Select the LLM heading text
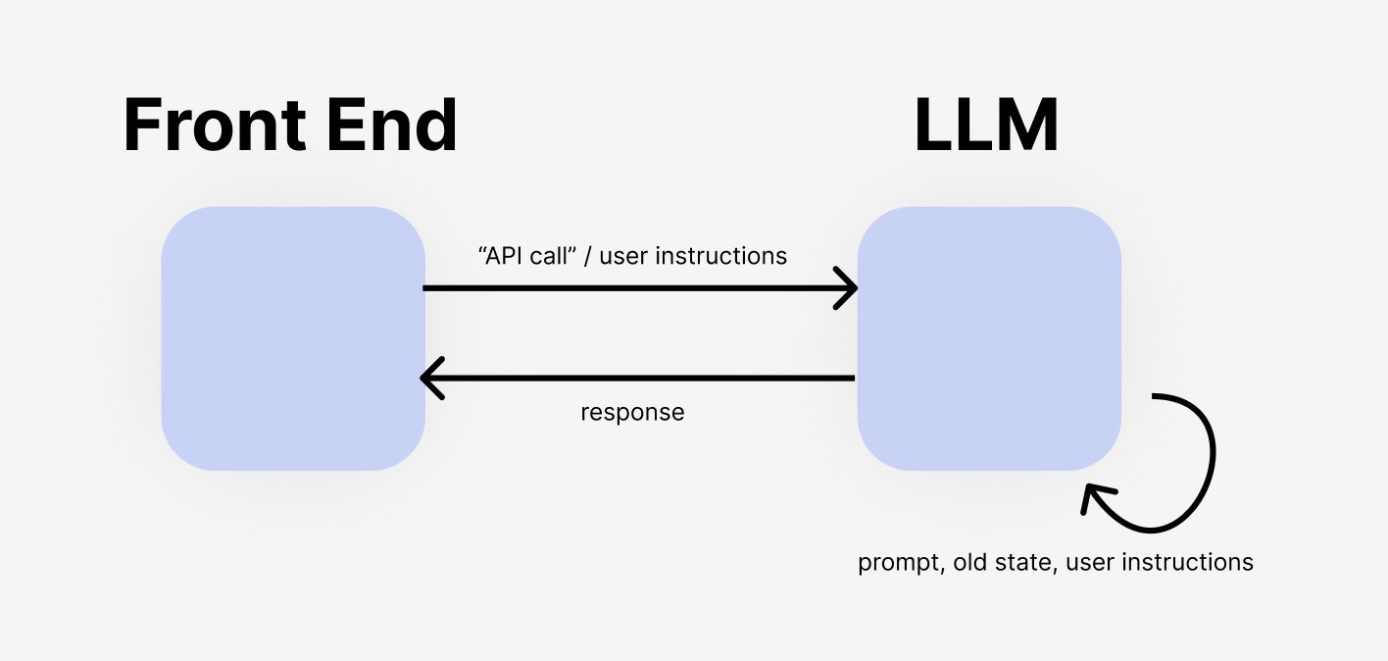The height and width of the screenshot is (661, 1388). [x=986, y=127]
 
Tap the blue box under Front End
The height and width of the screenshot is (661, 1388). [x=293, y=338]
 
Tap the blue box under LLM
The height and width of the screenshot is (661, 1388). [x=989, y=338]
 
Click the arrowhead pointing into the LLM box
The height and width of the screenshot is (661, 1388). [x=848, y=288]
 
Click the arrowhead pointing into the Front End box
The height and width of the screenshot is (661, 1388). [x=430, y=378]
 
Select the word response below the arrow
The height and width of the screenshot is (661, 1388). [x=632, y=413]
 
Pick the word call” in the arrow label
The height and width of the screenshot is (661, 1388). [x=560, y=256]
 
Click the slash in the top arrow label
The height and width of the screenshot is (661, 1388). [x=589, y=256]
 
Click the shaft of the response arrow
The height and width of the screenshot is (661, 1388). [x=637, y=378]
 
